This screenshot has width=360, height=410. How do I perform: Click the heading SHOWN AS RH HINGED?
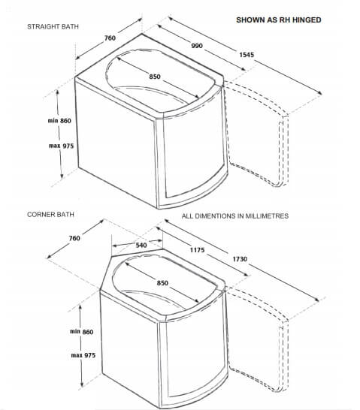click(279, 20)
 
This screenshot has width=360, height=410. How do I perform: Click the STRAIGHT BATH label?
click(53, 27)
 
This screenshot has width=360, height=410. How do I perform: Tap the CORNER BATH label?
click(50, 215)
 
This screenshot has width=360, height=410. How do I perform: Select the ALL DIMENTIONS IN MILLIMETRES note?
click(235, 216)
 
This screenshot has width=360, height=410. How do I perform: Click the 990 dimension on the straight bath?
click(197, 46)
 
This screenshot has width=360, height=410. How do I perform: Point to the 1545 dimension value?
click(247, 55)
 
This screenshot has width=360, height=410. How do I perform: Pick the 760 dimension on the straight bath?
click(110, 38)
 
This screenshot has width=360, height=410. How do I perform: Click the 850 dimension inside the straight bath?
click(155, 77)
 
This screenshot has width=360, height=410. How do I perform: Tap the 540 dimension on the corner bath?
click(141, 246)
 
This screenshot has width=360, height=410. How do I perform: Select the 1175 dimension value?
click(197, 250)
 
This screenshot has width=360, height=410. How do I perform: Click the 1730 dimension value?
click(240, 259)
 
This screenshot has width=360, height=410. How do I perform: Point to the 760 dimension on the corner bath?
click(74, 238)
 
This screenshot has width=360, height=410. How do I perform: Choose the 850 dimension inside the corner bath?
click(162, 283)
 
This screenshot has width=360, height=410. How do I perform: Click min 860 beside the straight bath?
click(59, 121)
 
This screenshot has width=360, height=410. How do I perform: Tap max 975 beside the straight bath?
click(61, 146)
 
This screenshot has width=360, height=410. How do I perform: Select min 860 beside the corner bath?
click(82, 332)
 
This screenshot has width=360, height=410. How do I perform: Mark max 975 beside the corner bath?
click(83, 355)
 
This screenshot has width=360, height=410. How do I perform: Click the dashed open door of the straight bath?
click(284, 146)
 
